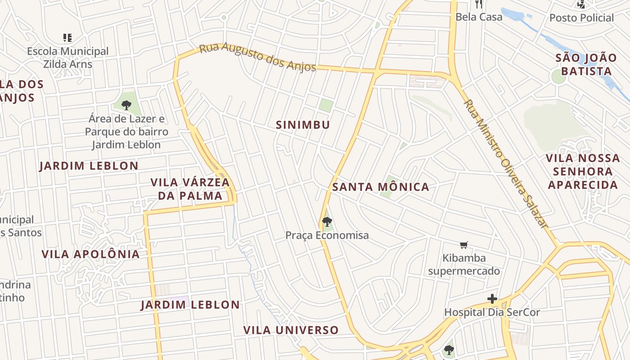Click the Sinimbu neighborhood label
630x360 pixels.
[x=303, y=125]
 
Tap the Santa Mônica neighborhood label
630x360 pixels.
[x=381, y=187]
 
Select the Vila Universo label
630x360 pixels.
[x=291, y=330]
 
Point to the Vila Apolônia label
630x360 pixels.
[x=90, y=254]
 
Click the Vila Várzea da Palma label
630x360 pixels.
[x=190, y=189]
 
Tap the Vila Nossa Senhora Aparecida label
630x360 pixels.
[x=583, y=171]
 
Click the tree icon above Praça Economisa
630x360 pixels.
[x=327, y=221]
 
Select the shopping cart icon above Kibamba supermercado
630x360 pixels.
[x=464, y=245]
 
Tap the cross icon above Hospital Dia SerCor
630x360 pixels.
[x=492, y=299]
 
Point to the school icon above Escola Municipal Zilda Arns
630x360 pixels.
[x=67, y=38]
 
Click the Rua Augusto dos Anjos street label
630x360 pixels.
[x=257, y=57]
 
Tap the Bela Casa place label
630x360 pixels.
[x=479, y=17]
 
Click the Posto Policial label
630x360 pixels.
[x=581, y=18]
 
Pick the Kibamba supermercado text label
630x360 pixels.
[x=464, y=265]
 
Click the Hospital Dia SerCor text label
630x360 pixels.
[x=492, y=312]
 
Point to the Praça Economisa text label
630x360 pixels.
[x=327, y=235]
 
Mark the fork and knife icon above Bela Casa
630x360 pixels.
[x=479, y=4]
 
